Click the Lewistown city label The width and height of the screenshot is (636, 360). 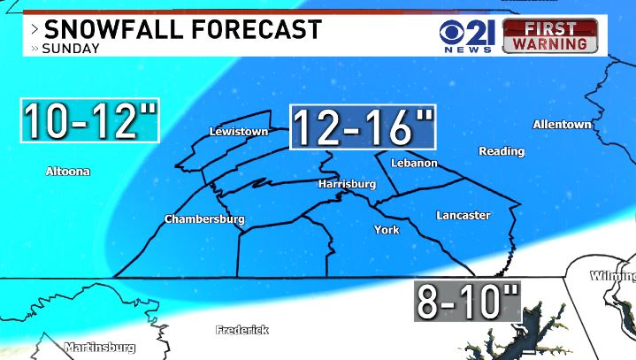pyautogui.click(x=238, y=132)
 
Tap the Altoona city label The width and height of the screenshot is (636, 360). pyautogui.click(x=68, y=172)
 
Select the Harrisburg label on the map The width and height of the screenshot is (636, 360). pyautogui.click(x=348, y=184)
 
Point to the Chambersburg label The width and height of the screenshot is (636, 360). pyautogui.click(x=204, y=219)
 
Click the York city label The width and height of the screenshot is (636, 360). pyautogui.click(x=387, y=230)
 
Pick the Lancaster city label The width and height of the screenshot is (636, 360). pyautogui.click(x=463, y=215)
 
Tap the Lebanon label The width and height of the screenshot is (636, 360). pyautogui.click(x=415, y=163)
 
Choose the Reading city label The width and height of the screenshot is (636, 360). pyautogui.click(x=502, y=151)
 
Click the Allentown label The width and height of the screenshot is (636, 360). pyautogui.click(x=562, y=125)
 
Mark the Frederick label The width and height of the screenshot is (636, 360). pyautogui.click(x=241, y=330)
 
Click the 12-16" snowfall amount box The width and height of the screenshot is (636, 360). pyautogui.click(x=363, y=127)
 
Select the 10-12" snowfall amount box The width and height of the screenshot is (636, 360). pyautogui.click(x=89, y=120)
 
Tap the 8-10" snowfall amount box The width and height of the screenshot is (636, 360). pyautogui.click(x=468, y=302)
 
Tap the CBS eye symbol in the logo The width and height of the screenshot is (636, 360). pyautogui.click(x=455, y=31)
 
